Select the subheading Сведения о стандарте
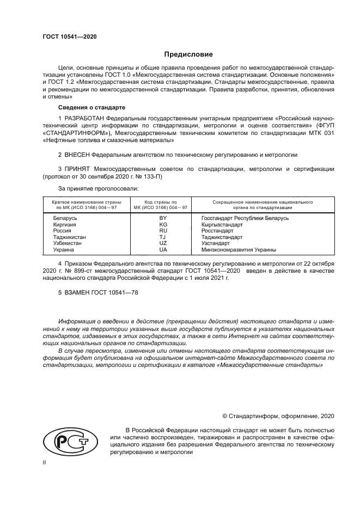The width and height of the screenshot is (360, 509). (x=84, y=107)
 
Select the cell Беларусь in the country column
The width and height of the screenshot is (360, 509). (x=65, y=218)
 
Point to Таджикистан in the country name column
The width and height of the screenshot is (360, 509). (x=69, y=237)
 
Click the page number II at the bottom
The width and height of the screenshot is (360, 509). (x=45, y=462)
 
